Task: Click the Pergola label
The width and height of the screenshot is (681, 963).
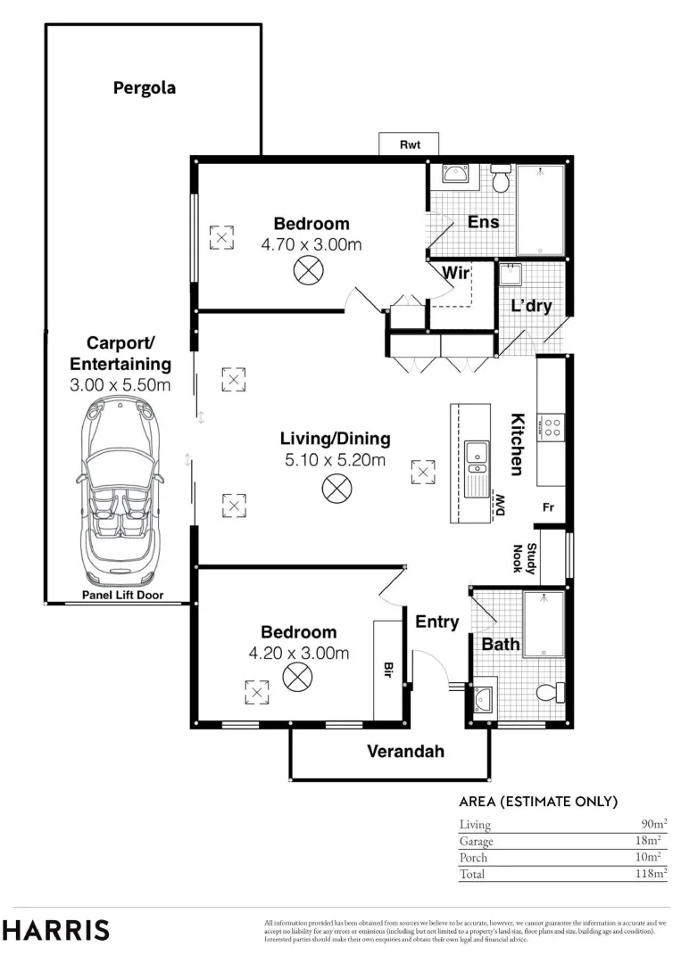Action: pos(145,88)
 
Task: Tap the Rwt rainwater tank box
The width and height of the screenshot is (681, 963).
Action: pos(409,144)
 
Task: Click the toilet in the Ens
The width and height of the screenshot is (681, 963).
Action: pos(501,178)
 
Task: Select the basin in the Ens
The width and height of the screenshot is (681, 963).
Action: pos(456,174)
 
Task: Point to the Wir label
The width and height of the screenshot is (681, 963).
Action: pos(456,273)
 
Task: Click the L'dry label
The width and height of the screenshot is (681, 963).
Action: pos(532,305)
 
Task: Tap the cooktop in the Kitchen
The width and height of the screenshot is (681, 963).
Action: pos(552,427)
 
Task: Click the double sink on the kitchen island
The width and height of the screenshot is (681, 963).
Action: pos(477,463)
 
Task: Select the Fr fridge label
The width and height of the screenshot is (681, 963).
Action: pos(548,507)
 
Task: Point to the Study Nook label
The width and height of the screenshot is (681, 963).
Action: pos(525,558)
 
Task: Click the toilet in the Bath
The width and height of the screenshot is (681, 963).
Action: pos(550,693)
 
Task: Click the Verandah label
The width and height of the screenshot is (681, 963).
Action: pos(405,751)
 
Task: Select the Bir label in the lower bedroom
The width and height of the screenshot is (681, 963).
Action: pos(388,670)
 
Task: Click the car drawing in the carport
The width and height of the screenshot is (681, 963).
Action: pos(121,490)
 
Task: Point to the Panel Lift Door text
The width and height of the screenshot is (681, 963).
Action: pos(123,595)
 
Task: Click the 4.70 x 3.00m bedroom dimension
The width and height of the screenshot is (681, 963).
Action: pos(311,244)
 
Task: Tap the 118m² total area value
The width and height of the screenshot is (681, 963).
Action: pos(651,873)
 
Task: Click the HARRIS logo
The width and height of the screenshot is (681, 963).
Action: pos(56,930)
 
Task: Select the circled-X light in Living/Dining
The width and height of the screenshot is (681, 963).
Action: pos(336,489)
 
